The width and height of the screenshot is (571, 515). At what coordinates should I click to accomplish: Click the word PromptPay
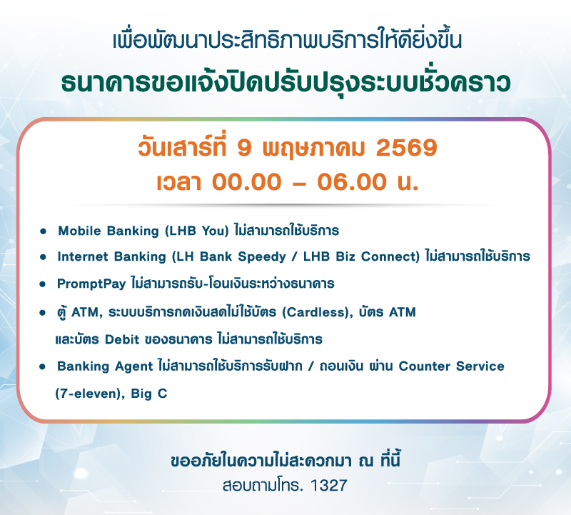92,284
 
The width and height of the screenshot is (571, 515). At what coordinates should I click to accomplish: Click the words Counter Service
451,366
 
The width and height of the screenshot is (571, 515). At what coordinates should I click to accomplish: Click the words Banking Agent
105,366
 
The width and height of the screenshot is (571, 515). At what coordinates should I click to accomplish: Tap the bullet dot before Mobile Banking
44,231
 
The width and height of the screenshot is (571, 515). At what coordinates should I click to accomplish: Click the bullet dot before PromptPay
44,284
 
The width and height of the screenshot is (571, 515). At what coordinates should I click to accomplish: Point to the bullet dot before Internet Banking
44,256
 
